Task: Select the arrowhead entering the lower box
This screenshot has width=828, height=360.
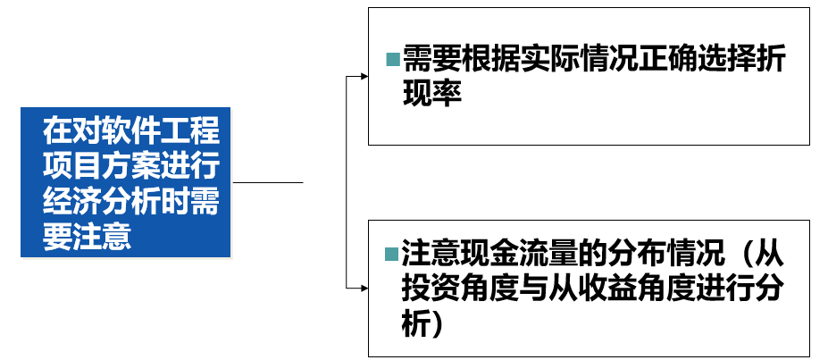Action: coord(364,288)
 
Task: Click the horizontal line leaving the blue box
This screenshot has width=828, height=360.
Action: coord(268,182)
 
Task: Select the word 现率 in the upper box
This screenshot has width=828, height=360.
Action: coord(431,93)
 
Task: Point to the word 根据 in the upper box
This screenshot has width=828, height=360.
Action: coord(497,61)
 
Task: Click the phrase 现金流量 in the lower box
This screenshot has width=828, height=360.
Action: coord(497,255)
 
